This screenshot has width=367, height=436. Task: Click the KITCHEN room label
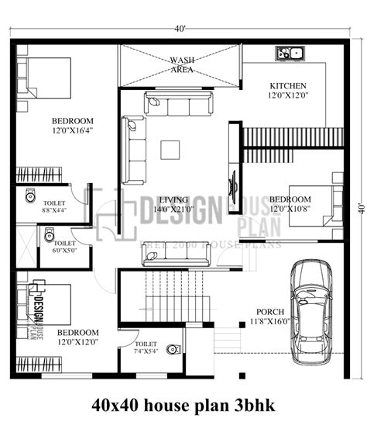287,85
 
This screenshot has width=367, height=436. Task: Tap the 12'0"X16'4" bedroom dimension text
73,131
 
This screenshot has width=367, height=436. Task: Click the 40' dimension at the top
180,29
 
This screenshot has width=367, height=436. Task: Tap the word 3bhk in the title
256,405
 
